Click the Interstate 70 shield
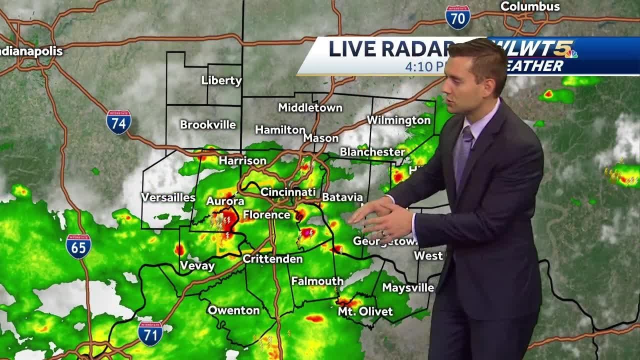[x=457, y=17]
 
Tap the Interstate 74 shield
[x=118, y=122]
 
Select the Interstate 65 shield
[x=78, y=246]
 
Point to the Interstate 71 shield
[x=150, y=333]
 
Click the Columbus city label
[x=530, y=6]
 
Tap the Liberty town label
[x=221, y=80]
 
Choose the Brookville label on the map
[x=207, y=124]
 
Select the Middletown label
[x=310, y=107]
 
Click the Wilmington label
[x=398, y=120]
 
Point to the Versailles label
[x=168, y=197]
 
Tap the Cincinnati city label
[x=288, y=192]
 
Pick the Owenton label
[x=233, y=310]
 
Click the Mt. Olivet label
[x=365, y=311]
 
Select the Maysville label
[x=408, y=287]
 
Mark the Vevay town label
[x=197, y=265]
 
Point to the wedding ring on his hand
[x=383, y=233]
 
